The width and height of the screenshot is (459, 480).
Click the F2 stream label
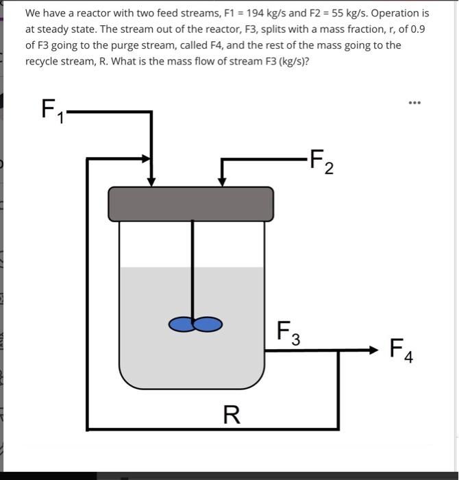pos(321,163)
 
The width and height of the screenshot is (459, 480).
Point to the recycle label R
pos(232,414)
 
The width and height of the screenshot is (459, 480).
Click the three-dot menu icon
pos(414,103)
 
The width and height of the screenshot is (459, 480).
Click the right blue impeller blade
pos(208,324)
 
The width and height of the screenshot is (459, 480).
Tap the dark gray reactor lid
pos(190,204)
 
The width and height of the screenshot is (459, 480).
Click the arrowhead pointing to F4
pos(373,350)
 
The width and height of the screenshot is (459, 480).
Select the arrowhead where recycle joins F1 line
pos(146,158)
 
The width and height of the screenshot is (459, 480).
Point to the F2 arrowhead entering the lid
pos(221,182)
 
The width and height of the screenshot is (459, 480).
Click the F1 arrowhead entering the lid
pos(151,182)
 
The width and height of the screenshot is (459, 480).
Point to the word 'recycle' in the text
pos(42,61)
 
